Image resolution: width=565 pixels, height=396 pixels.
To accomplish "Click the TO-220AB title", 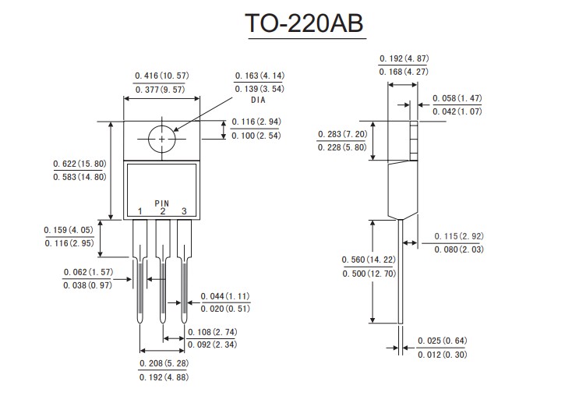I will coord(305,24).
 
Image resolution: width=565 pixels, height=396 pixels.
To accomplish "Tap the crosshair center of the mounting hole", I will coord(162,139).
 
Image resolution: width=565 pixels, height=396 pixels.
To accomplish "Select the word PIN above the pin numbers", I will coord(161,203).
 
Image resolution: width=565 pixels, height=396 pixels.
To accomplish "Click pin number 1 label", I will coord(140,212).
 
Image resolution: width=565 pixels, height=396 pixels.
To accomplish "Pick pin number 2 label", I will coord(162,212).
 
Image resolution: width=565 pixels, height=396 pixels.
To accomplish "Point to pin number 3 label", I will coord(184,212).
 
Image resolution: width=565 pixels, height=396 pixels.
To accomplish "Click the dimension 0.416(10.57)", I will coord(162,76).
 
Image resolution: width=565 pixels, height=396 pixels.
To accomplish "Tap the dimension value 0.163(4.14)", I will coord(260,76).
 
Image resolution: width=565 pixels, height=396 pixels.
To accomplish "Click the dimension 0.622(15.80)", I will coord(79,164).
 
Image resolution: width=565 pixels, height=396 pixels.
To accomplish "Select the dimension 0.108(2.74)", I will coord(213,331).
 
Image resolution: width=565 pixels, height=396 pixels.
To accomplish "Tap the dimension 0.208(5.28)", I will coord(164,363).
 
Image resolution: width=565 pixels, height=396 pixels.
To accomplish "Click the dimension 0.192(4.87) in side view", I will coord(404,58).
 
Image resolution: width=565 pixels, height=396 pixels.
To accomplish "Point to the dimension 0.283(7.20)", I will coord(344,134).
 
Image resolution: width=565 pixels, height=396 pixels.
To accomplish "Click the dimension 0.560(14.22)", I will coord(369,260).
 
